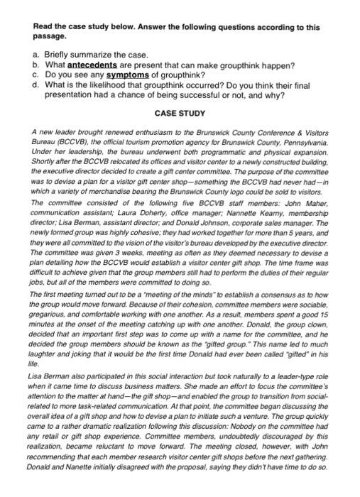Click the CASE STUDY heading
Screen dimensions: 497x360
(x=180, y=113)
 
